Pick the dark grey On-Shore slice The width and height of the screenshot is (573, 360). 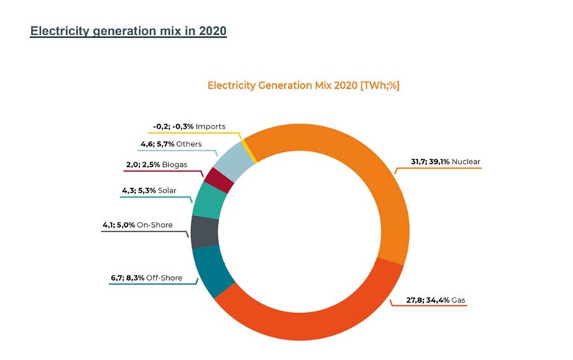(202, 231)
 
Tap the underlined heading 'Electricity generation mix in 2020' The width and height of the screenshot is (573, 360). (128, 32)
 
